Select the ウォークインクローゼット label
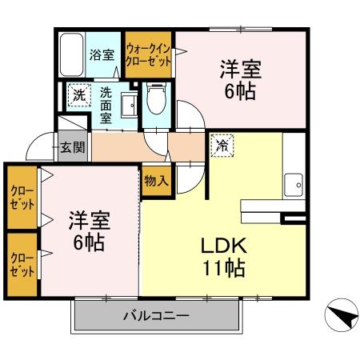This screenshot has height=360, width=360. click(148, 54)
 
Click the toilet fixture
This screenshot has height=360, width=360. click(157, 102)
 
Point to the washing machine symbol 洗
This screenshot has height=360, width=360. click(78, 94)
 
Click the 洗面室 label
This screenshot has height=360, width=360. click(106, 104)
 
